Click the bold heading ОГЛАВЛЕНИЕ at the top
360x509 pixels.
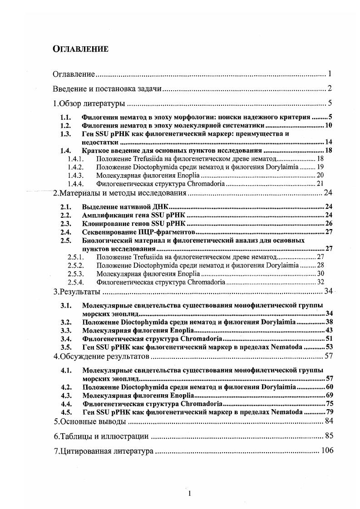(80, 49)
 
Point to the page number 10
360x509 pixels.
(330, 125)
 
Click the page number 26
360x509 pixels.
(330, 223)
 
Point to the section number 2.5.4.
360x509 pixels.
(75, 282)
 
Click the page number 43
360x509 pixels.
(330, 330)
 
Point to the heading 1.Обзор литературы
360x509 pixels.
(89, 103)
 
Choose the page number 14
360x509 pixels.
(330, 142)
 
